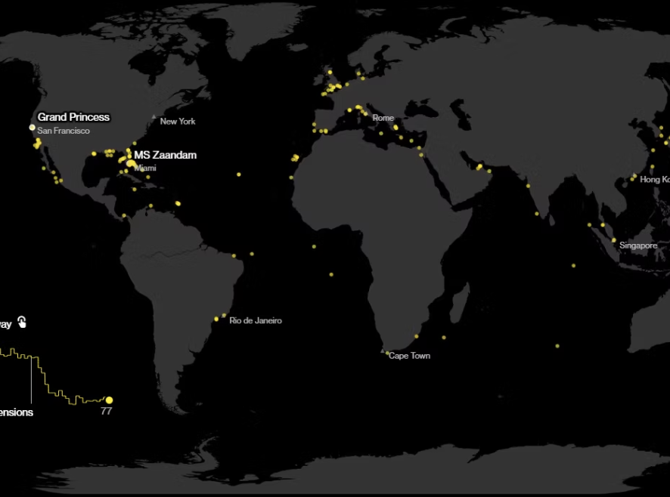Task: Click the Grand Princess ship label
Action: pos(73,117)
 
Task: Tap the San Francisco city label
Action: pos(64,131)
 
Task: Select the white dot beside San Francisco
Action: pos(33,128)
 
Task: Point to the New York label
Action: pos(178,122)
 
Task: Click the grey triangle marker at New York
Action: pos(154,117)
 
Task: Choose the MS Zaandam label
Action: pos(166,155)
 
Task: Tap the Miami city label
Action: pos(145,168)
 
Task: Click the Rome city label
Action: pos(383,118)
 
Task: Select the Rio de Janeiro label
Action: pos(256,321)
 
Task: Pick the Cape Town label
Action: pos(409,356)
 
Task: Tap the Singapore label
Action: pos(638,245)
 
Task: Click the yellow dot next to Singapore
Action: pos(614,240)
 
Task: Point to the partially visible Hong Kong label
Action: pos(654,180)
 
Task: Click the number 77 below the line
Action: pos(106,411)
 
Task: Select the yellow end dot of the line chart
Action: pos(109,400)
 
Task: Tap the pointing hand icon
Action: pos(22,323)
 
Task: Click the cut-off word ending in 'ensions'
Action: pos(16,413)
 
